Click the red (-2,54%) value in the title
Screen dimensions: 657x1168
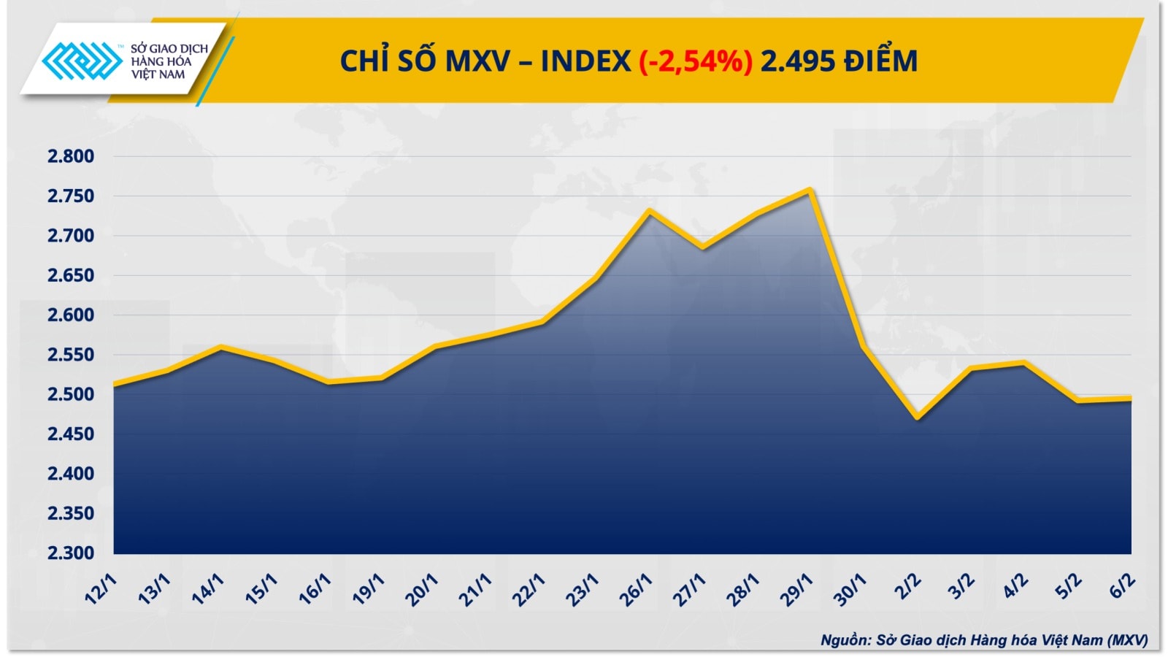pos(695,61)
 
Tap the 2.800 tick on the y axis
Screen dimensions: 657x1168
pos(71,156)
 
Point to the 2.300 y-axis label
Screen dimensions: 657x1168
pos(71,553)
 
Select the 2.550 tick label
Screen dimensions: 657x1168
pos(71,355)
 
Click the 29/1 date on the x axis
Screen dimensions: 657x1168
pos(796,590)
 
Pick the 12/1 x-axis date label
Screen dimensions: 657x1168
pos(101,590)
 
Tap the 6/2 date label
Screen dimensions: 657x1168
pos(1123,586)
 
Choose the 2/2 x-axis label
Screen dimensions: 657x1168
pos(908,586)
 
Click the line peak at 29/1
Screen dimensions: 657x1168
pos(810,191)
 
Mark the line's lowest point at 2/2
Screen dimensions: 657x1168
pos(918,418)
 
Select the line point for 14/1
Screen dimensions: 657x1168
pos(221,347)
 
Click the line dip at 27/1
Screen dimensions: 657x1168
pos(703,247)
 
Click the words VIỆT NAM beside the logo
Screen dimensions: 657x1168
pos(158,74)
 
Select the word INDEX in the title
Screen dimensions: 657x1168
pos(585,61)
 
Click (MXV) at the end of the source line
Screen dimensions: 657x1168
pos(1127,640)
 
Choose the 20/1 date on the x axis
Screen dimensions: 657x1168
pos(422,590)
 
